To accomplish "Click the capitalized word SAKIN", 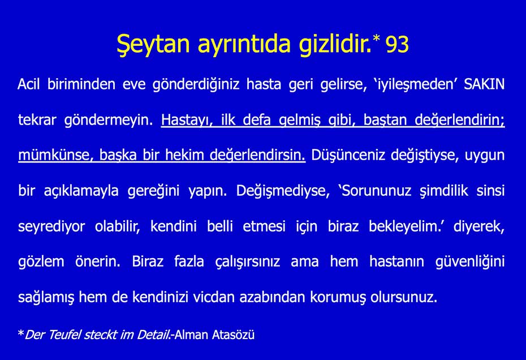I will coord(484,85).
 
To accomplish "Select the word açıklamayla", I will coord(81,191).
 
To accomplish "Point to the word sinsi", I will coord(489,191).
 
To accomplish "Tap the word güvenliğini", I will coord(470,262).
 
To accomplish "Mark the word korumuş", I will coord(335,297).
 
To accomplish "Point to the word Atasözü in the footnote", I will coord(232,335).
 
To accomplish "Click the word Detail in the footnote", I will coord(153,335).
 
